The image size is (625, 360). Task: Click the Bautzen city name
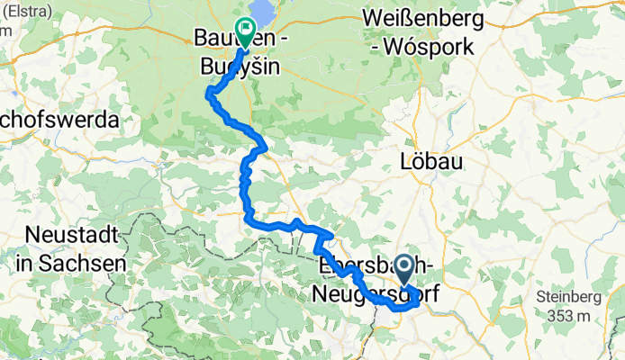point(216,38)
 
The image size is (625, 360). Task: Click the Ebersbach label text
point(360,266)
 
